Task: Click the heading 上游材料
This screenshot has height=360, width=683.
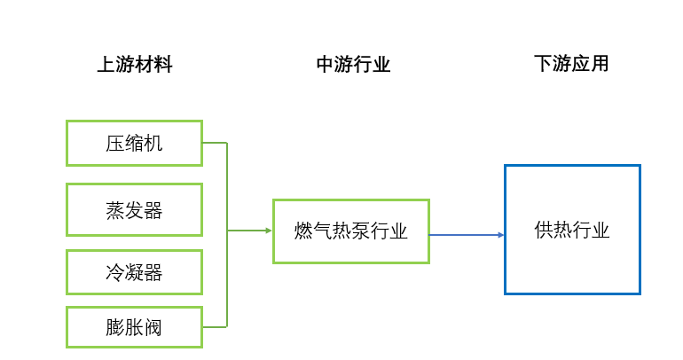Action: tap(134, 65)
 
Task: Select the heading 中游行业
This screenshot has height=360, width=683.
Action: tap(353, 65)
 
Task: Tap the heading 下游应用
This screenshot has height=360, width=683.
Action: tap(571, 65)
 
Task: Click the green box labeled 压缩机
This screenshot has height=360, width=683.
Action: tap(134, 143)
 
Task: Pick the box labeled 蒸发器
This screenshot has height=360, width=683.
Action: tap(134, 210)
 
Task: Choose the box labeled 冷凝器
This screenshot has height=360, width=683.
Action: tap(134, 272)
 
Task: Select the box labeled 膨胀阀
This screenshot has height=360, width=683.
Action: tap(134, 327)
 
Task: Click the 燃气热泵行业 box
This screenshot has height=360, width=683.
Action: tap(350, 231)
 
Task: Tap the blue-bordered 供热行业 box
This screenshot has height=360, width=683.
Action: tap(572, 230)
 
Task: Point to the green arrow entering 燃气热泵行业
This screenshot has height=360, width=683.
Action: tap(253, 231)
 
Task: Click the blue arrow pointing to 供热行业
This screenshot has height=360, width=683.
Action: tap(467, 235)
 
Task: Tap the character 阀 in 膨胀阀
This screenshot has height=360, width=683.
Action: tap(153, 328)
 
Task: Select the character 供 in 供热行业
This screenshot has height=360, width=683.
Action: tap(544, 231)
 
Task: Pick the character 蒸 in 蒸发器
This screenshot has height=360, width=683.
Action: tap(114, 211)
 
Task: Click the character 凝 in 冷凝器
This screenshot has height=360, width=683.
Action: tap(134, 273)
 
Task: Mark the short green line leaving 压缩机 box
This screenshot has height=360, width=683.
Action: tap(215, 143)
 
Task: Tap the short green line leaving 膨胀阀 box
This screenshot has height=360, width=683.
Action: tap(215, 327)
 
